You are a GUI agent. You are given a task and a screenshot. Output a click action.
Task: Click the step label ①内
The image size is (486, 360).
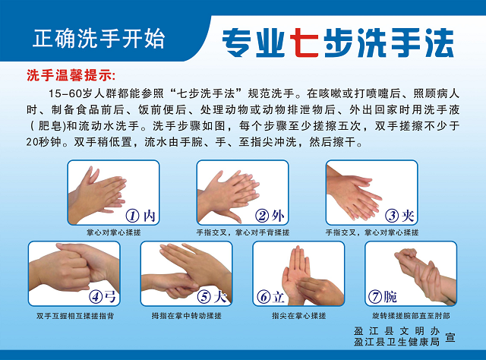pyautogui.click(x=141, y=216)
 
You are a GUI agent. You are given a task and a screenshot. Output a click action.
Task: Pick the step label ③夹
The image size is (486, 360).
pyautogui.click(x=400, y=216)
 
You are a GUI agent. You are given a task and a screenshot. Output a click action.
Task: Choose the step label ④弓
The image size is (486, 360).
pyautogui.click(x=103, y=296)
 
